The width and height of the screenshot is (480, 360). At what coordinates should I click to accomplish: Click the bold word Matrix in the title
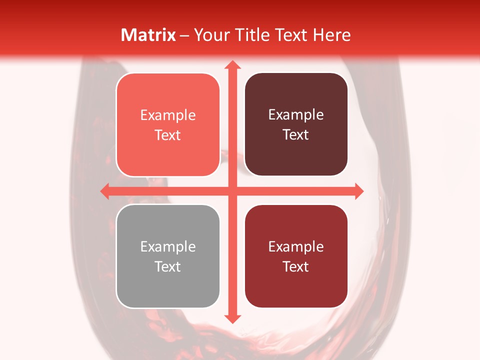click(148, 35)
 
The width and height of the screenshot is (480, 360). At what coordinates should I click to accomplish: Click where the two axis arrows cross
click(232, 191)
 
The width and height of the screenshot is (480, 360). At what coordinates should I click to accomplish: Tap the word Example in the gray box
click(168, 246)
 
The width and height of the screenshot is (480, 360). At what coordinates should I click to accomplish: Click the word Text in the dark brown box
click(296, 135)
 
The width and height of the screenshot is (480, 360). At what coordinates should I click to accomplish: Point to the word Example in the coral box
click(168, 115)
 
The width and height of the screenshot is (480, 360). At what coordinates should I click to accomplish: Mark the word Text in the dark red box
click(296, 266)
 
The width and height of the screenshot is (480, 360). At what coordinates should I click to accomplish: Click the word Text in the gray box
click(168, 266)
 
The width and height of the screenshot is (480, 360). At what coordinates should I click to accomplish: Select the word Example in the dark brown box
click(296, 115)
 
